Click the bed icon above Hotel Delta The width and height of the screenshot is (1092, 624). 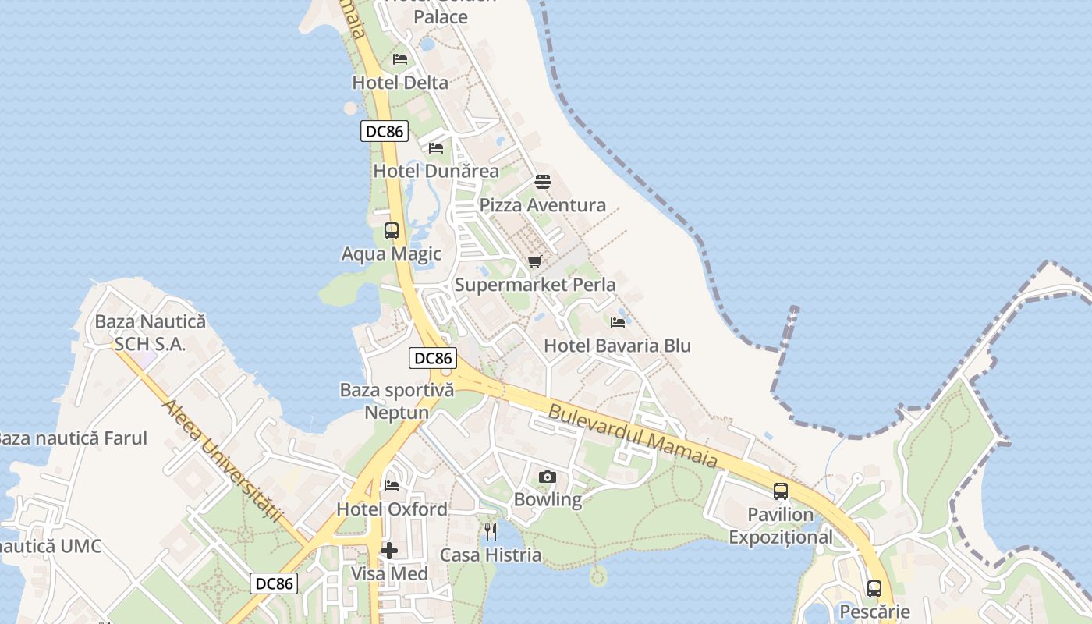point(400,59)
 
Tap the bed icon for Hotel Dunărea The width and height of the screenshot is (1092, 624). point(436,147)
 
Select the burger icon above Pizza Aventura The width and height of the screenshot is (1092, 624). point(543,182)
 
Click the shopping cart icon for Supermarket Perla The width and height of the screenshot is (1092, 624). point(534,261)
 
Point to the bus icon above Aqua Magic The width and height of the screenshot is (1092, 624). point(392,231)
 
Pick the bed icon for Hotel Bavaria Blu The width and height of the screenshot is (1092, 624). point(618,322)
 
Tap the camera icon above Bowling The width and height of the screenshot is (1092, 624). point(548,477)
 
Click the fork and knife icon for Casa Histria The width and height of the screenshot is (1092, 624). point(491,532)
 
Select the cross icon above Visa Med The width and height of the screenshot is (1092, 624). point(389,551)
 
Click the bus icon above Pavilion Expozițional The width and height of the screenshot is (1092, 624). point(781,491)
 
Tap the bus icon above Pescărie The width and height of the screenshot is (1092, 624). point(874,589)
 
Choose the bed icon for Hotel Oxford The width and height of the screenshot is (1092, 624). point(392,486)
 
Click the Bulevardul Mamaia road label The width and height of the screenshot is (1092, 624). point(633,436)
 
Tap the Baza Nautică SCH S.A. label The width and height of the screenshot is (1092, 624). point(150,332)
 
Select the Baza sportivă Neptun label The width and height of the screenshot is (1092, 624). point(397,401)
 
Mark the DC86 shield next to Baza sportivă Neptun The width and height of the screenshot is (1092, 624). point(433,358)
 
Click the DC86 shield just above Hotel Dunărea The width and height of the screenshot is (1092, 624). point(385,131)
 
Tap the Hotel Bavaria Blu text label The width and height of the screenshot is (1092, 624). point(617,346)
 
